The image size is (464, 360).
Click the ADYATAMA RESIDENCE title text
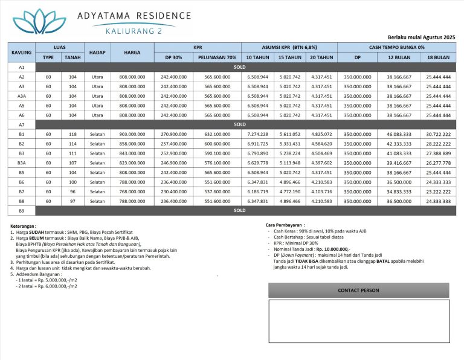click(x=134, y=15)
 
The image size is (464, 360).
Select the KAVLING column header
click(x=22, y=53)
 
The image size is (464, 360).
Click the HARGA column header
click(x=132, y=53)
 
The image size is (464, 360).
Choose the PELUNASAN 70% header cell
click(x=217, y=57)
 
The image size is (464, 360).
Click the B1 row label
click(x=22, y=133)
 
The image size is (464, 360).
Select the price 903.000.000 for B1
click(x=132, y=133)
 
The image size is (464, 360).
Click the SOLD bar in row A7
click(x=240, y=124)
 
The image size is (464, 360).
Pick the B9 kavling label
click(x=22, y=211)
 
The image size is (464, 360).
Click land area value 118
click(x=73, y=133)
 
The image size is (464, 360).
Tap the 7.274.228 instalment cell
click(x=258, y=133)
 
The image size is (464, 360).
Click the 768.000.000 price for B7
click(x=132, y=191)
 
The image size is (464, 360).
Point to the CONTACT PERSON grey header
click(x=359, y=291)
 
